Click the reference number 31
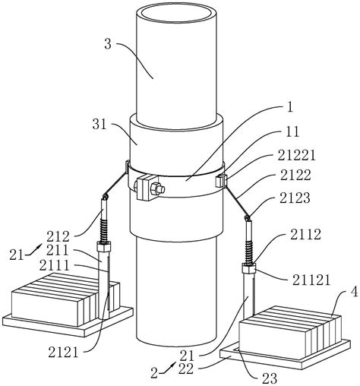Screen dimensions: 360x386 click(99, 125)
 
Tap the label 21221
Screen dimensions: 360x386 click(297, 156)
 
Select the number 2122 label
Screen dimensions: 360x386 click(295, 176)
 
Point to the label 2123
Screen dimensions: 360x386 click(295, 198)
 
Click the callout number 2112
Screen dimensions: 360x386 click(305, 235)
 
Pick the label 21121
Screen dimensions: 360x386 click(311, 280)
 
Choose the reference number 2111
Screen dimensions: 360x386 click(54, 266)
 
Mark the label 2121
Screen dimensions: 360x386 click(64, 353)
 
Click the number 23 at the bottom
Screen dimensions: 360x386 click(270, 378)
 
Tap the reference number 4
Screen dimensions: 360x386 click(354, 293)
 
